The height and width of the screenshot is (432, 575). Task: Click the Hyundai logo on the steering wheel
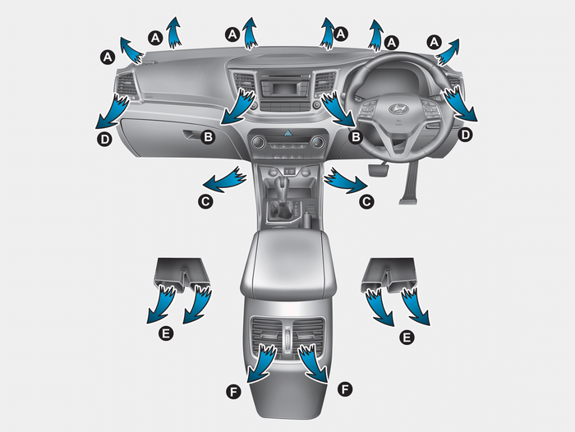(x=398, y=108)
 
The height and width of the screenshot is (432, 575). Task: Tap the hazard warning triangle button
(x=287, y=134)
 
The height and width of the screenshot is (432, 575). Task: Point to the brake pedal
(x=379, y=170)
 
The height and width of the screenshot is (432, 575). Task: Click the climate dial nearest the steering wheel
(x=318, y=142)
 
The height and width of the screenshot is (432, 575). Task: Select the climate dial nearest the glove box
(x=258, y=142)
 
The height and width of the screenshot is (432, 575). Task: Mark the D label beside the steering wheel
(x=465, y=135)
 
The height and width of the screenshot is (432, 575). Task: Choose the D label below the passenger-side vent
(x=104, y=140)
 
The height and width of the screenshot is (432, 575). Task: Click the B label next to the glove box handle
(x=209, y=137)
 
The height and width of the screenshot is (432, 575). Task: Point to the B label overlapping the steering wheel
(x=356, y=137)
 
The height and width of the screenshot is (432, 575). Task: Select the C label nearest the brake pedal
(x=366, y=201)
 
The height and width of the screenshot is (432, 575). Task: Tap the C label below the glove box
(x=205, y=201)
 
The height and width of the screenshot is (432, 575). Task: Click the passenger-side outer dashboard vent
(x=126, y=85)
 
